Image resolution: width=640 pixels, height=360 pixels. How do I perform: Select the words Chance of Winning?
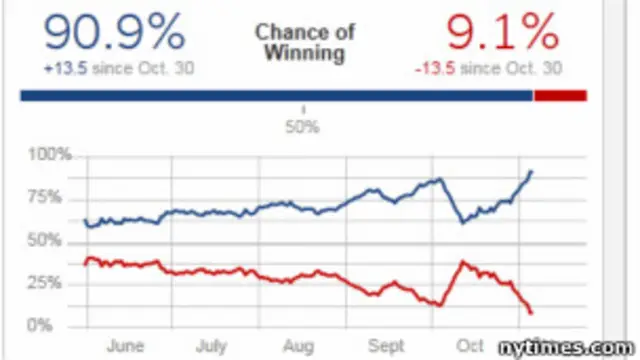coord(305,42)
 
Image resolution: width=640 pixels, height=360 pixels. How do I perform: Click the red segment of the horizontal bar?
coord(560,95)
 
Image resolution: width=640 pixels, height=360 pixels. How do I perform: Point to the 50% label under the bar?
coord(304,127)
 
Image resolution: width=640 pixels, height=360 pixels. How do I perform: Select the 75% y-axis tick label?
coord(51,198)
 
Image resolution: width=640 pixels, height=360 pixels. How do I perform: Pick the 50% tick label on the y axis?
coord(51,241)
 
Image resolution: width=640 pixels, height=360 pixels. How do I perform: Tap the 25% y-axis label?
coord(51,283)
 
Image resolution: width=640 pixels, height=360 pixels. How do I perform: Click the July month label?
coord(212,346)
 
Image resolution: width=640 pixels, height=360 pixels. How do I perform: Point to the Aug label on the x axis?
coord(298,346)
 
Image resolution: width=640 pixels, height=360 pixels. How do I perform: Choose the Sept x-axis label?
coord(386,346)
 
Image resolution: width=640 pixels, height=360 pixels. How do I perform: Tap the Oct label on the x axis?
coord(471,346)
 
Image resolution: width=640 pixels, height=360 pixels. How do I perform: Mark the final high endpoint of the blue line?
coord(531,171)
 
